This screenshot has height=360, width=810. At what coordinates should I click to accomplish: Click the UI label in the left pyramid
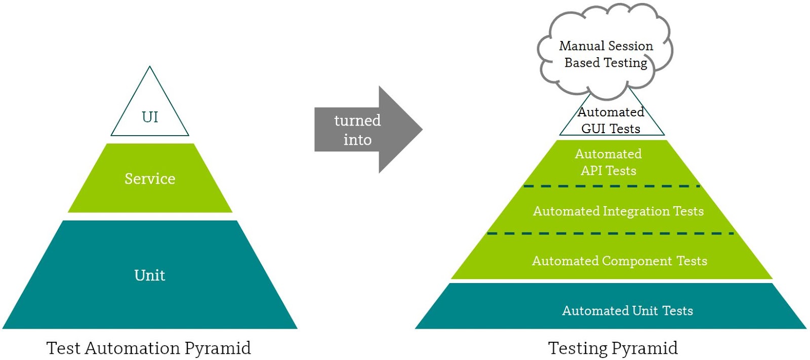tap(150, 117)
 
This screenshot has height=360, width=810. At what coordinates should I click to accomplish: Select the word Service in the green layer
tap(150, 179)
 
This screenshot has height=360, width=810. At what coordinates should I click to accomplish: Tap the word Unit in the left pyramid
tap(150, 275)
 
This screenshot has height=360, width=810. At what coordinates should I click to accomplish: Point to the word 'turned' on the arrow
tap(357, 121)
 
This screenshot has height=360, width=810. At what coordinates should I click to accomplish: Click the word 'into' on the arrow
tap(357, 140)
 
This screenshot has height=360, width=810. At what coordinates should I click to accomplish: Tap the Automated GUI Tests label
tap(611, 120)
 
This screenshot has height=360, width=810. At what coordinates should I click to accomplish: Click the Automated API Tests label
tap(609, 162)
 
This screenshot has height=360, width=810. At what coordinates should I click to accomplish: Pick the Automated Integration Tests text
tap(618, 211)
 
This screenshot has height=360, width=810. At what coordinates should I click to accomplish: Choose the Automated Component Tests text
tap(620, 261)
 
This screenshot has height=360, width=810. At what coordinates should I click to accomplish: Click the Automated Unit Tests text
tap(627, 310)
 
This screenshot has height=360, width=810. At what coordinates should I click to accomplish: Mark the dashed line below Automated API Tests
tap(612, 186)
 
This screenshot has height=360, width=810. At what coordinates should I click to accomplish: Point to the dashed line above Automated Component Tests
tap(611, 233)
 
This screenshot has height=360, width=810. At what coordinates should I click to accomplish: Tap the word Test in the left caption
tap(63, 348)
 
